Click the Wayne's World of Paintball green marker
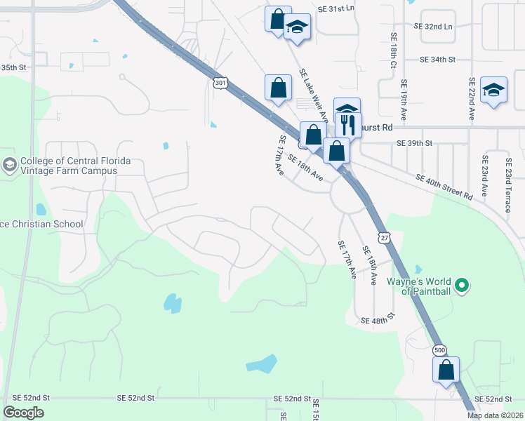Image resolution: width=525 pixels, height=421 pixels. click(462, 285)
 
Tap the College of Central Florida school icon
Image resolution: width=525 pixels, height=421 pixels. click(9, 166)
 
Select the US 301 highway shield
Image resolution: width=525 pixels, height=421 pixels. click(220, 83)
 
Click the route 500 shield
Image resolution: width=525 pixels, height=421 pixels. click(440, 349)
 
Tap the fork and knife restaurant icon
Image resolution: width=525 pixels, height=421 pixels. click(347, 123)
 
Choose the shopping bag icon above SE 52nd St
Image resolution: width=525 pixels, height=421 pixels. click(446, 369)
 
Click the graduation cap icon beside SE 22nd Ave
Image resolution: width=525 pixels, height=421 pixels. click(494, 90)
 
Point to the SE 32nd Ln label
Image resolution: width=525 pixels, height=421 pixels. click(434, 26)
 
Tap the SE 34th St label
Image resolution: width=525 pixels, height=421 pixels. click(438, 60)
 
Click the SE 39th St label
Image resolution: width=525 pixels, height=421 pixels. click(416, 143)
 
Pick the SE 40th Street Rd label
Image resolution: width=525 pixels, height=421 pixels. click(444, 187)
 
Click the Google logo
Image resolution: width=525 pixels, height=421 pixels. click(24, 413)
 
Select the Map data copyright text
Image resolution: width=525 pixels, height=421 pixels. click(496, 415)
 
